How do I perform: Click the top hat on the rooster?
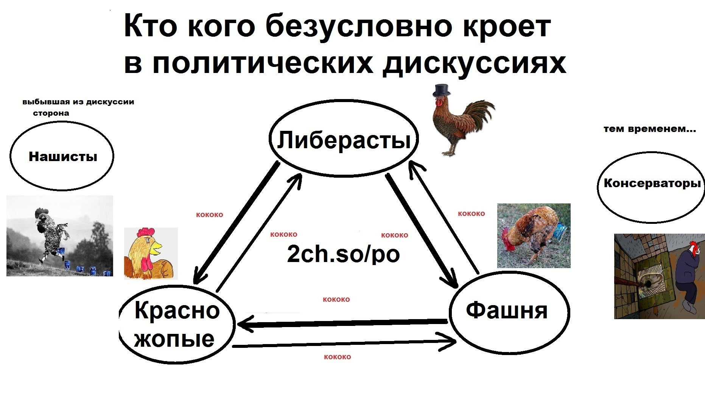[442, 90]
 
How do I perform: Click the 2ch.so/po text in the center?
[343, 254]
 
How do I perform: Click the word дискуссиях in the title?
[474, 63]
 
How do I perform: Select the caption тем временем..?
[649, 129]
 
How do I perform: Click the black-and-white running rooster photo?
[60, 236]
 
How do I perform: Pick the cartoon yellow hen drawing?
[151, 253]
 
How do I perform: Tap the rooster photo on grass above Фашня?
[534, 236]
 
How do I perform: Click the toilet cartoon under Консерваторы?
[659, 276]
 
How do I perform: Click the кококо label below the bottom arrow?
[337, 357]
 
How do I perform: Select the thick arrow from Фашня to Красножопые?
[342, 323]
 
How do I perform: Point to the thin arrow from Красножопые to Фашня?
[344, 343]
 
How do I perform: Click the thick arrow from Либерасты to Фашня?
[422, 230]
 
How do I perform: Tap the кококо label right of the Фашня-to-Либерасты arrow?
[471, 214]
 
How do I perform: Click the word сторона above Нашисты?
[51, 113]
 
